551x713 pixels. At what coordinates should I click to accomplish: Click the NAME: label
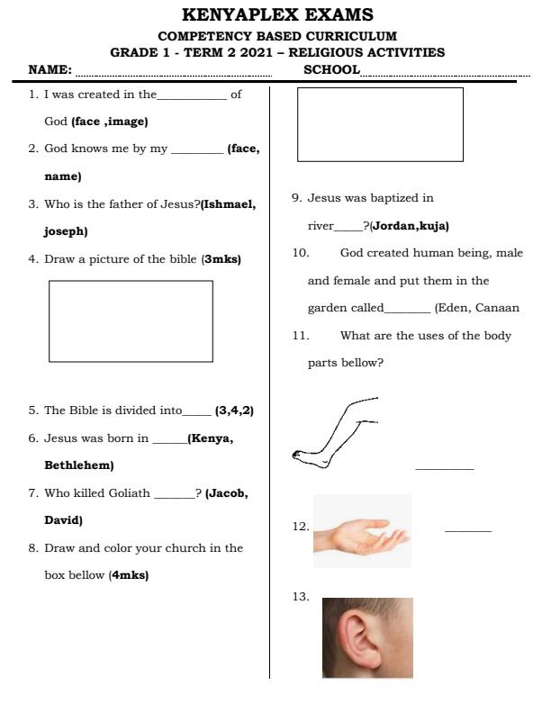tap(50, 69)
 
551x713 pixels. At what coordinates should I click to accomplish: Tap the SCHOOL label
tap(332, 69)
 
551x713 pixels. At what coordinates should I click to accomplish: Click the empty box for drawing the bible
tap(131, 320)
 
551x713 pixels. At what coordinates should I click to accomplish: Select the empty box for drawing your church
tap(380, 124)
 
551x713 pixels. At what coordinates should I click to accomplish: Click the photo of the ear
tap(367, 637)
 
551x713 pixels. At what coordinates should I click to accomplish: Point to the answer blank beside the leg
tap(444, 468)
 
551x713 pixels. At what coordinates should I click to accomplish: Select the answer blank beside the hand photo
tap(468, 530)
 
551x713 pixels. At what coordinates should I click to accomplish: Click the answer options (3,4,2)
tap(234, 411)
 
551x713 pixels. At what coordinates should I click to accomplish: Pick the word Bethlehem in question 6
tap(79, 466)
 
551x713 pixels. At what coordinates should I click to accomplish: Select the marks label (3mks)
tap(221, 259)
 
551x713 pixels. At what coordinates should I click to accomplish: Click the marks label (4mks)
tap(129, 575)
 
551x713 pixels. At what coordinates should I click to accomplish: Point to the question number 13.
tap(301, 596)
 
